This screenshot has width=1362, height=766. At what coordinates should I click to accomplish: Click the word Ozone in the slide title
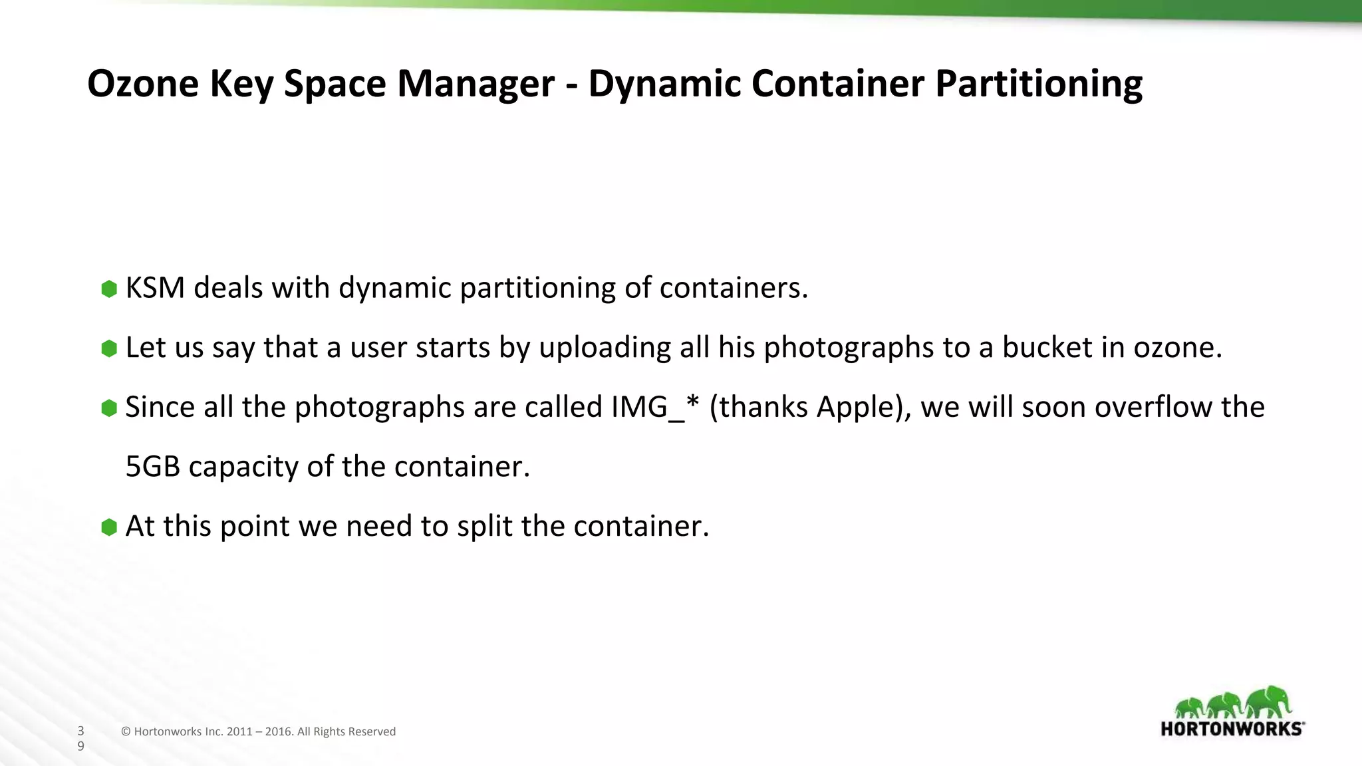point(143,84)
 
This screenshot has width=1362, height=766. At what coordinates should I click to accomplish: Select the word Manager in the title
point(476,84)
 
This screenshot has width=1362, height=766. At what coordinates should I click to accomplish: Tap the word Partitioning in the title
point(1039,84)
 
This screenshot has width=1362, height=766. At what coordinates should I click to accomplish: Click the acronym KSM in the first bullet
point(155,288)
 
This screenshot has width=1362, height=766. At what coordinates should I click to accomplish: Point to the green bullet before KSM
point(109,289)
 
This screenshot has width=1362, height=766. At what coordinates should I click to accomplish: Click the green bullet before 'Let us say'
point(109,348)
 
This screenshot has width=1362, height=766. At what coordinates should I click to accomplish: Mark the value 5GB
point(152,467)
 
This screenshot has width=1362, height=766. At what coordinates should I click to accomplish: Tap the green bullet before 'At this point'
point(109,527)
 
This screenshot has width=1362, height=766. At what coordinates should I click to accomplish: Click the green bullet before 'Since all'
point(109,408)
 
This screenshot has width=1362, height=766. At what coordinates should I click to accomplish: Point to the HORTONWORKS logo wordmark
point(1232,729)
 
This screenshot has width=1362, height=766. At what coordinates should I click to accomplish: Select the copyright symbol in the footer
point(126,731)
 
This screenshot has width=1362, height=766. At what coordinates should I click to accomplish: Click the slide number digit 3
point(81,731)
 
